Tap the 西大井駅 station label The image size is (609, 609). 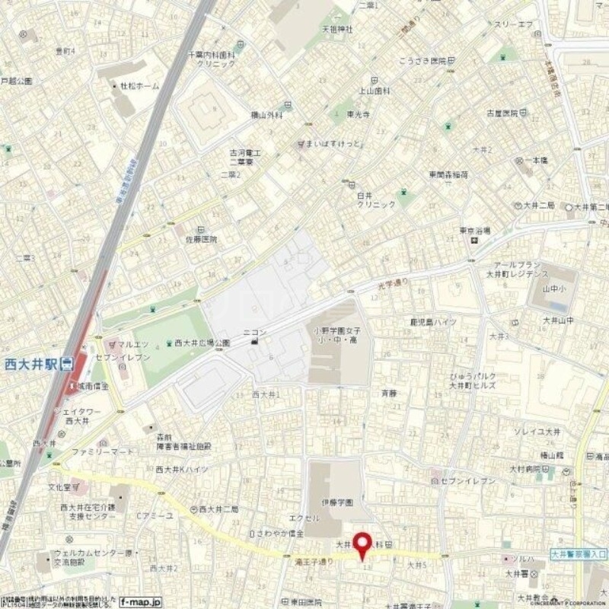click(x=32, y=364)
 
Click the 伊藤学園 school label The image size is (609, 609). click(x=336, y=502)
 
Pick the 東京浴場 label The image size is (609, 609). click(x=474, y=231)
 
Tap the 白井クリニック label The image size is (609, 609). click(x=376, y=200)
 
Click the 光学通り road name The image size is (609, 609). click(x=394, y=283)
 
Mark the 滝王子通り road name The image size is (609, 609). click(x=314, y=562)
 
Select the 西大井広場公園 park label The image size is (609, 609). click(x=202, y=343)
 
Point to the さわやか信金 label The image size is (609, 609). click(x=284, y=533)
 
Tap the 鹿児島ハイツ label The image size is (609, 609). click(x=433, y=322)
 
